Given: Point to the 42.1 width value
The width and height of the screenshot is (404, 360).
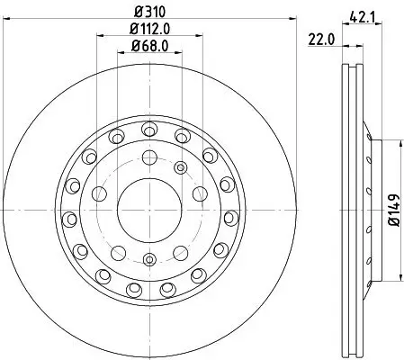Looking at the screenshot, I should click(361, 13).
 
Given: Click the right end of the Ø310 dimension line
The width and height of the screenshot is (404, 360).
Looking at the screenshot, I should click(292, 21).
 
